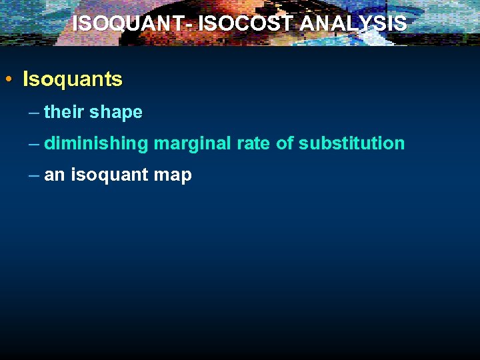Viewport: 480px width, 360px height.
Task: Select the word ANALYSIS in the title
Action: (353, 24)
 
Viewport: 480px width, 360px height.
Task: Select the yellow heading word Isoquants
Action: (73, 80)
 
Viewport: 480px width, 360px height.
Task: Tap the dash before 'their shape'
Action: (34, 113)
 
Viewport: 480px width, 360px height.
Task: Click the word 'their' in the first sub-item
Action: (64, 112)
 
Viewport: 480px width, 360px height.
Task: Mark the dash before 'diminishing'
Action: (34, 144)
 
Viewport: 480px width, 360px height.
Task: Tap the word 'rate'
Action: (255, 143)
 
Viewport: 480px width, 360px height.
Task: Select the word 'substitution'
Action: (351, 143)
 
